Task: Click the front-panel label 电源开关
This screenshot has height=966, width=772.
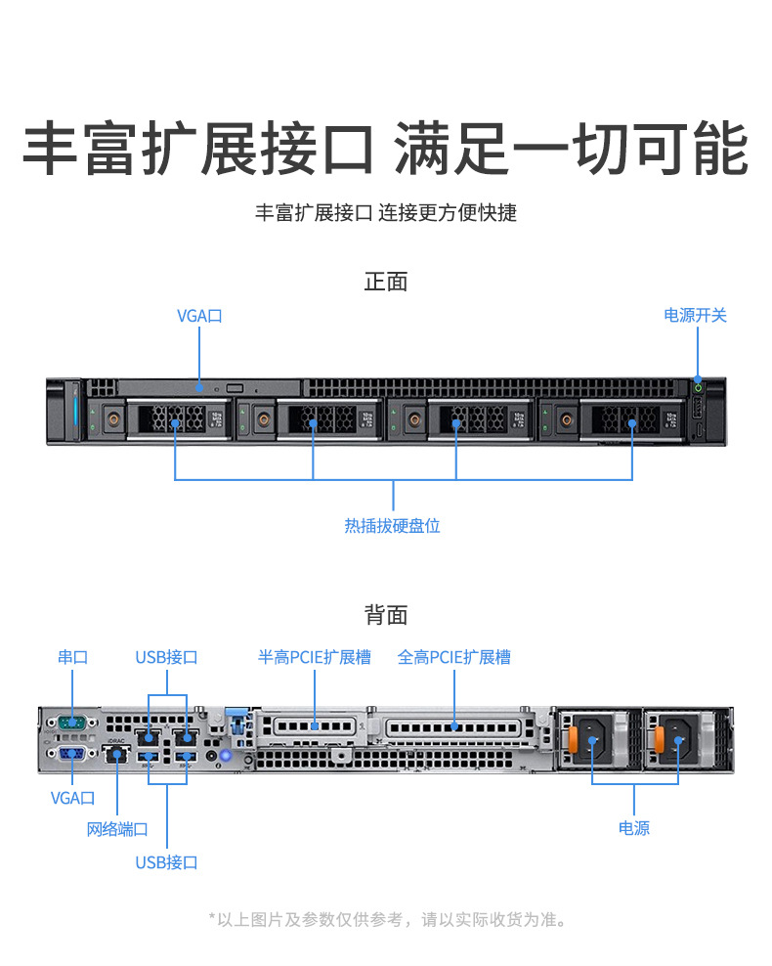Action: click(x=695, y=315)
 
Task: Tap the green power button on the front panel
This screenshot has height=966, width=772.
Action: click(x=698, y=387)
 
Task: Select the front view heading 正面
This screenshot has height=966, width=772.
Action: click(x=386, y=282)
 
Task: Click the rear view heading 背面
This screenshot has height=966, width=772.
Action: click(x=386, y=615)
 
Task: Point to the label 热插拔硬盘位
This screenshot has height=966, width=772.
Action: click(x=392, y=525)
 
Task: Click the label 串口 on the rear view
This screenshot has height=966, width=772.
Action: click(x=72, y=657)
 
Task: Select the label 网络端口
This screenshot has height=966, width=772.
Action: click(x=117, y=829)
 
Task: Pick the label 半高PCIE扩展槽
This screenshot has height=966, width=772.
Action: click(x=315, y=657)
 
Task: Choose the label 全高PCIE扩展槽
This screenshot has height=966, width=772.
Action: click(x=454, y=657)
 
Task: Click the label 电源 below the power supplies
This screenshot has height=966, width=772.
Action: click(x=634, y=828)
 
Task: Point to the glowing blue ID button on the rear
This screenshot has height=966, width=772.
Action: click(x=227, y=755)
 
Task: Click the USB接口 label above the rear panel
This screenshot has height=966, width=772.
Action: click(x=166, y=657)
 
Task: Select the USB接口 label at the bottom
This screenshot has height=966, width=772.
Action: click(x=166, y=862)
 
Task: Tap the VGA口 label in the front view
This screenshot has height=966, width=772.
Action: click(x=199, y=315)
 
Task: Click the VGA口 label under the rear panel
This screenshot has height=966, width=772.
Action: click(x=72, y=798)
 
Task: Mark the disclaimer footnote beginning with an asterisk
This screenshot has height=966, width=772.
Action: click(x=387, y=919)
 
